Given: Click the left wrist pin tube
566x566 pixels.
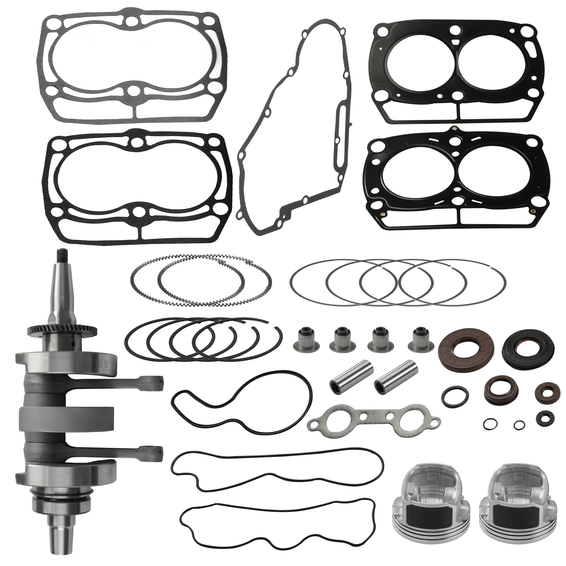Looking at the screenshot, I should point(345,382).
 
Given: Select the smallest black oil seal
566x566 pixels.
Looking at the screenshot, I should point(542,417).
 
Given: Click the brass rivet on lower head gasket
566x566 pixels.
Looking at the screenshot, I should point(533,210).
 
